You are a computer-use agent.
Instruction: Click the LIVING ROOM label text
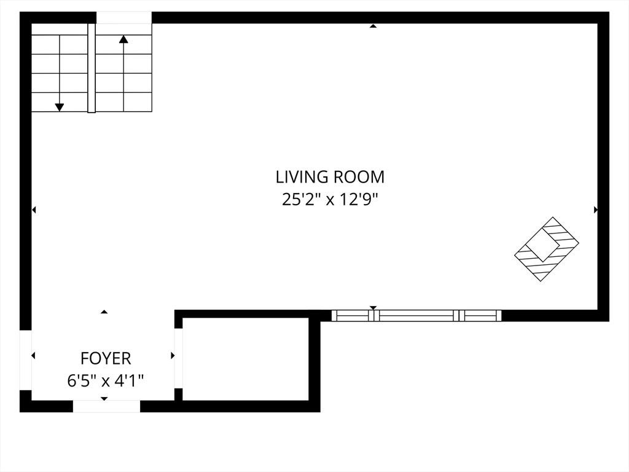(x=330, y=177)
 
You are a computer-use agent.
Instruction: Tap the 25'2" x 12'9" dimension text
(x=330, y=199)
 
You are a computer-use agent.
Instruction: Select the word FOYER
(x=106, y=358)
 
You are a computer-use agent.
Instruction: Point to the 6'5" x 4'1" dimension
(x=106, y=380)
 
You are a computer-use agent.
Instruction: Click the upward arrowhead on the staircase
(x=123, y=39)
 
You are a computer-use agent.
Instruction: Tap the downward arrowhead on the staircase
(x=60, y=107)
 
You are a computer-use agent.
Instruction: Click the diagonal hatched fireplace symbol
(x=547, y=249)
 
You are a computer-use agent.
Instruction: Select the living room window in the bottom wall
(x=416, y=315)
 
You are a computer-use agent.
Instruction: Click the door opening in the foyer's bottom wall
(x=106, y=406)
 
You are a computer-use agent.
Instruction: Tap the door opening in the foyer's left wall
(x=26, y=360)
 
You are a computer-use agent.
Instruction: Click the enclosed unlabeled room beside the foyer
(x=246, y=359)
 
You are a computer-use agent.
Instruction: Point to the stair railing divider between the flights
(x=92, y=68)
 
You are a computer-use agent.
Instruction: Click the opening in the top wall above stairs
(x=124, y=18)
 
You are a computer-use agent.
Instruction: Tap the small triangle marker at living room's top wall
(x=373, y=26)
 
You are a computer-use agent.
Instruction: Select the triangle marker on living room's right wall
(x=596, y=210)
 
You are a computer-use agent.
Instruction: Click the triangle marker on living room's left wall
(x=34, y=210)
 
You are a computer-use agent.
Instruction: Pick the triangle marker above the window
(x=373, y=307)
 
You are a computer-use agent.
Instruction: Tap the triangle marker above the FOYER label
(x=104, y=312)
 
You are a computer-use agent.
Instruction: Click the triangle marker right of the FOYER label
(x=173, y=355)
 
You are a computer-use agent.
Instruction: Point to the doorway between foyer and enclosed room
(x=179, y=358)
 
